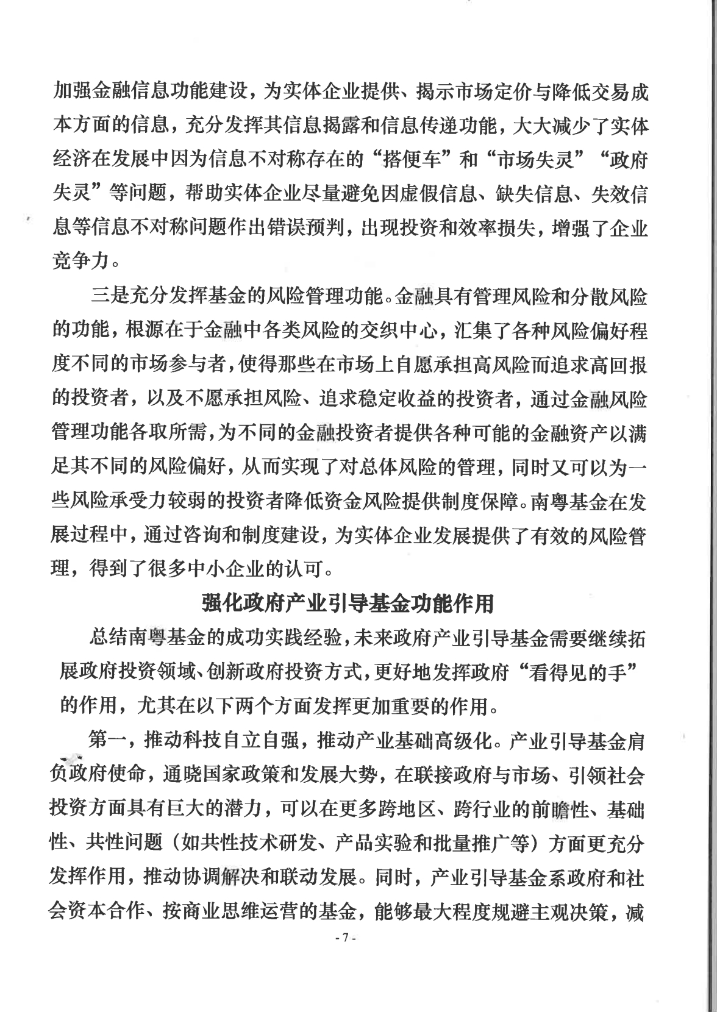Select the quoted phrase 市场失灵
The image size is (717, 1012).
coord(535,161)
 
